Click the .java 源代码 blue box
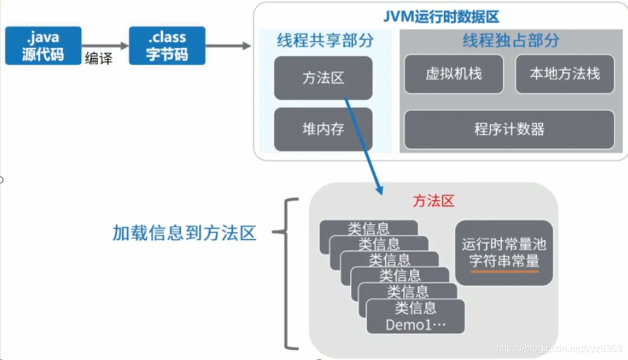[x=43, y=45]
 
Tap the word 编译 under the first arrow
[x=98, y=59]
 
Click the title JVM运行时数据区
[x=442, y=17]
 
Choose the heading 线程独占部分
[x=510, y=41]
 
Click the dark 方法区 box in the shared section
[x=323, y=78]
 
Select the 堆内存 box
[x=323, y=129]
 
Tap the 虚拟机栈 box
[x=454, y=74]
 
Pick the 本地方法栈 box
[x=564, y=74]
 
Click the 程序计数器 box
[x=509, y=129]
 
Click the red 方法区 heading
[x=433, y=201]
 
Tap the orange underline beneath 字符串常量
[x=504, y=270]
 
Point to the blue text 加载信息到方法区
[x=184, y=233]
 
